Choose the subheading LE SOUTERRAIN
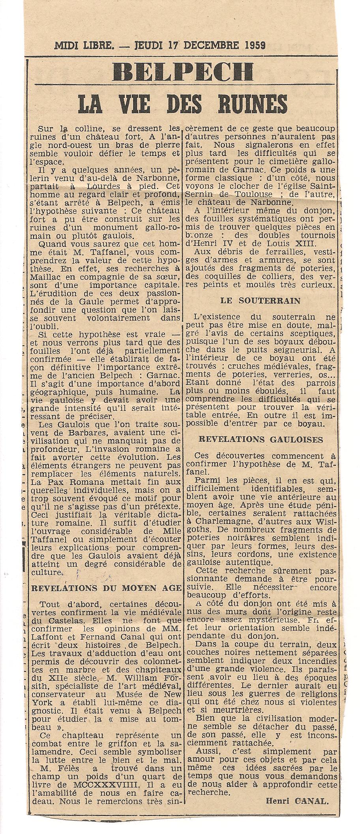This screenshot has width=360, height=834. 260,301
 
